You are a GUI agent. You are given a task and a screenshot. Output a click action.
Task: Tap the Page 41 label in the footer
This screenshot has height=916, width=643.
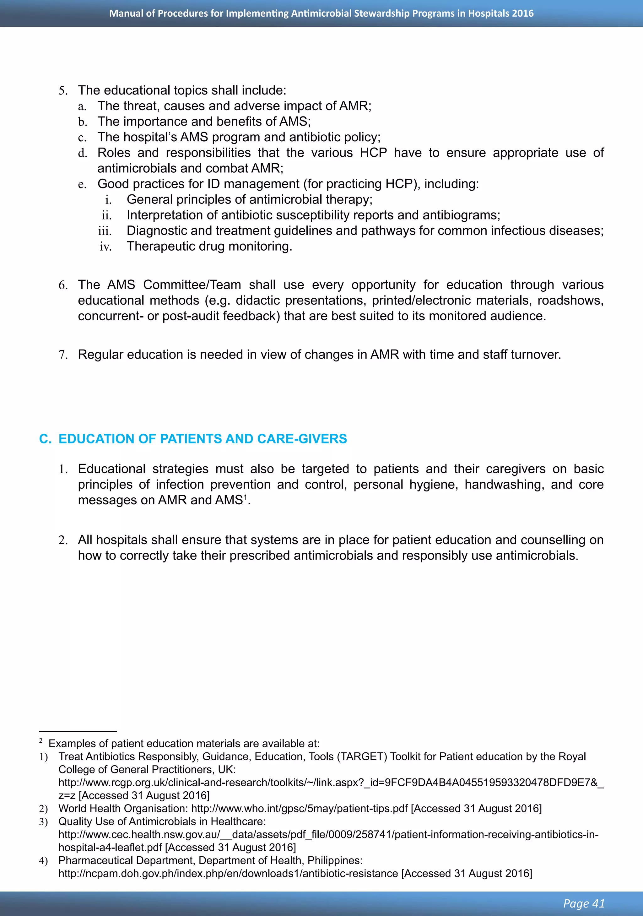click(584, 903)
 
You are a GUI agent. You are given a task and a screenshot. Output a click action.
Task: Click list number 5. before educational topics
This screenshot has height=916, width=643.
click(63, 90)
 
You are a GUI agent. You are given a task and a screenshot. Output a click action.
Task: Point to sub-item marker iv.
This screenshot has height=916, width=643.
click(105, 247)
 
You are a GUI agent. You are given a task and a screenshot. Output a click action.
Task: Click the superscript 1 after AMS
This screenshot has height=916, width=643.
click(245, 497)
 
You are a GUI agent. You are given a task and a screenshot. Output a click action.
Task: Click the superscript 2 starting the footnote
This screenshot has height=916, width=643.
click(41, 741)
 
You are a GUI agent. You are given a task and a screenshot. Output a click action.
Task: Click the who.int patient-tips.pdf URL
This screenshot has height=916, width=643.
click(299, 809)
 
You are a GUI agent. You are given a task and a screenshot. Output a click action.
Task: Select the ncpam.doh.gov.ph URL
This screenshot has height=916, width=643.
click(228, 874)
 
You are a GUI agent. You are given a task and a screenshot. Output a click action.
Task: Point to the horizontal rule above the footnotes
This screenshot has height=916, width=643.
click(78, 732)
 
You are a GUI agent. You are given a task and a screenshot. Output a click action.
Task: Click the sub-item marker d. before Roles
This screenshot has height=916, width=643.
click(82, 153)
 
